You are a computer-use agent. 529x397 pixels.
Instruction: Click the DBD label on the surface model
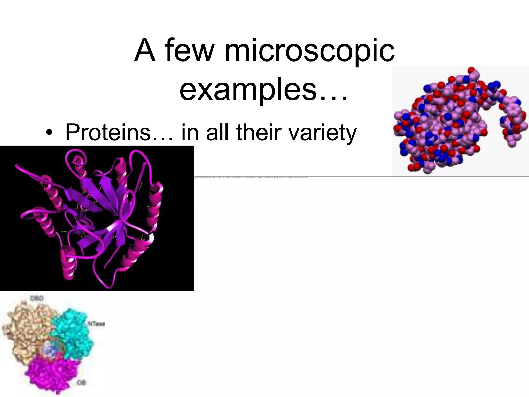click(37, 299)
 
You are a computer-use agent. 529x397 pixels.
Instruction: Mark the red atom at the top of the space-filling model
click(472, 70)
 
